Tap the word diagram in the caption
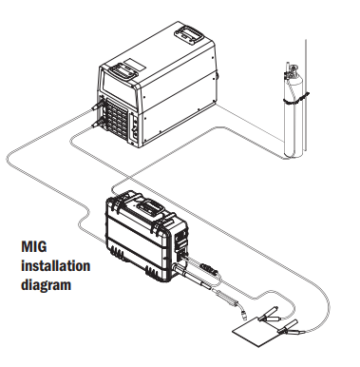point(47,282)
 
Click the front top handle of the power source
point(123,71)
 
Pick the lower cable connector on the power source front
point(96,121)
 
